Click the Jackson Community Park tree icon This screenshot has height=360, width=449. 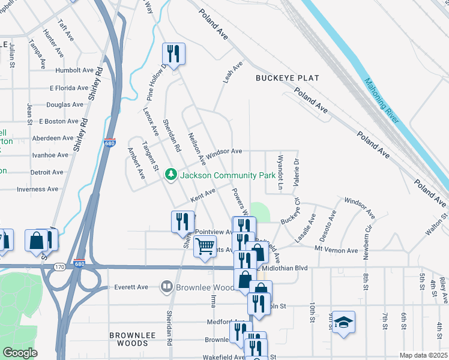point(172,174)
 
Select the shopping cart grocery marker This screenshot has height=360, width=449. point(205,247)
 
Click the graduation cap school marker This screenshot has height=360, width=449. point(343,323)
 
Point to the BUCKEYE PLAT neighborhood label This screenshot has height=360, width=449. point(287,78)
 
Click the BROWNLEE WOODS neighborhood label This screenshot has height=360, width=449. point(128,339)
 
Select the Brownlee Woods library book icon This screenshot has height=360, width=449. point(166,287)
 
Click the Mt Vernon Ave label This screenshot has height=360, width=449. point(339,247)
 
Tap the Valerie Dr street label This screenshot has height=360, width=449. point(296,172)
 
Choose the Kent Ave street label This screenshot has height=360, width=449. point(203,195)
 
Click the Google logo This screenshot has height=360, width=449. point(20,353)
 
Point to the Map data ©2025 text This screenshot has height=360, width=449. point(423,355)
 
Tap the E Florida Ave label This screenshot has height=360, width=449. point(70,88)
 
